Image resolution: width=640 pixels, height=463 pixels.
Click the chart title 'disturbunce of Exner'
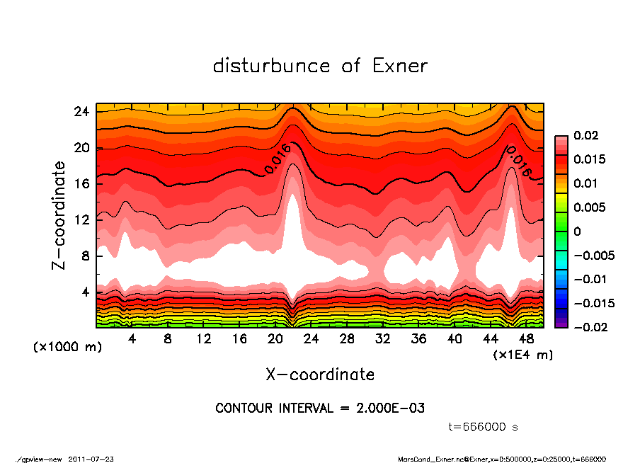320,66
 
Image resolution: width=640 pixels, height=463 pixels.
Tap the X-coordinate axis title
320,374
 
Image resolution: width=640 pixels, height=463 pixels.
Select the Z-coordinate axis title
59,215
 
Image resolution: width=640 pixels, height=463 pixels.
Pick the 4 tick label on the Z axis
85,292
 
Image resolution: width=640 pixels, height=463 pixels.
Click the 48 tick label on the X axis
527,339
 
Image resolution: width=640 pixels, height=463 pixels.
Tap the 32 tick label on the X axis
383,339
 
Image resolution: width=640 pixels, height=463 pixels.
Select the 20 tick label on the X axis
275,339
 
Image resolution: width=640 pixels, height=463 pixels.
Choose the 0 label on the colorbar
577,232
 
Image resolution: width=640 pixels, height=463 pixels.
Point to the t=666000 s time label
484,427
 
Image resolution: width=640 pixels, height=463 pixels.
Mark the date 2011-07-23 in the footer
91,459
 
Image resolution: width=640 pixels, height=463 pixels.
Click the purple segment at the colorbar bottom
561,323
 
